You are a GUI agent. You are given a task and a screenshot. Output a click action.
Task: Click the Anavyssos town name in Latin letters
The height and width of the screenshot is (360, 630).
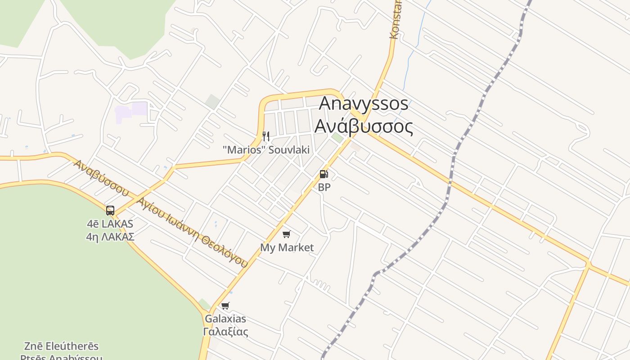coord(364,103)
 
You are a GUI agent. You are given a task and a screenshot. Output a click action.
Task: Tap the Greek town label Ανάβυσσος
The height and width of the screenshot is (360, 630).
coord(364,126)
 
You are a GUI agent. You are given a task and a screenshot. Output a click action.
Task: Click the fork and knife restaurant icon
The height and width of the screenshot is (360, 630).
coord(266,136)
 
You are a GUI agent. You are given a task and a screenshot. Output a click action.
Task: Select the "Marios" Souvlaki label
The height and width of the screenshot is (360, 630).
coord(266,150)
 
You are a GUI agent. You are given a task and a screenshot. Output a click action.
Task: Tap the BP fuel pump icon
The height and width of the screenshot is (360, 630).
coord(324,174)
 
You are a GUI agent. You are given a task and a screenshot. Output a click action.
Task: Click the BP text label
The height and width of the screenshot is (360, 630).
coord(324,187)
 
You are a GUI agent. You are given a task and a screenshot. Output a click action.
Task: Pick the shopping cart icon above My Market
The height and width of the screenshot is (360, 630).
coord(287,234)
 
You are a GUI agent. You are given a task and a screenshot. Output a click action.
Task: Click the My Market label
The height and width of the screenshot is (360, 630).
coord(287,247)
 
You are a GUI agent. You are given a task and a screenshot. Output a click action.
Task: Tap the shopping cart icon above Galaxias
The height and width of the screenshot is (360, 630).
coord(225,306)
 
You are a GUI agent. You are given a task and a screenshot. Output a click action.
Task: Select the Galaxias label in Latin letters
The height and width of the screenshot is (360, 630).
coord(225,319)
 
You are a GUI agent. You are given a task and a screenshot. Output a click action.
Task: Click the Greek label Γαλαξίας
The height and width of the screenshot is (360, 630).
coord(225,332)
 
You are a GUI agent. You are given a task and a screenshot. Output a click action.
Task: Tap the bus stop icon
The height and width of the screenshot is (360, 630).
coord(110,210)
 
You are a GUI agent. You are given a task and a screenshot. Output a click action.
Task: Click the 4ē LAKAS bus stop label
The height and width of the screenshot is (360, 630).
coord(110,224)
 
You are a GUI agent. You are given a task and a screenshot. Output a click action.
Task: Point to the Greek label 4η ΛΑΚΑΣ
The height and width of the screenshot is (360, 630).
coord(110,237)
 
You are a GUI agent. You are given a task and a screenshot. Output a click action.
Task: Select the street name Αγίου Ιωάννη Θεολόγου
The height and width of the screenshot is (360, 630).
coord(193,232)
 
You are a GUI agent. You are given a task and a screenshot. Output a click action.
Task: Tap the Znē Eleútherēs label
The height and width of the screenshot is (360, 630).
coord(61,346)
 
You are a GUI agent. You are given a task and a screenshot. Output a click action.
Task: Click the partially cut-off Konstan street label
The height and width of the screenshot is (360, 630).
coord(396,20)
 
